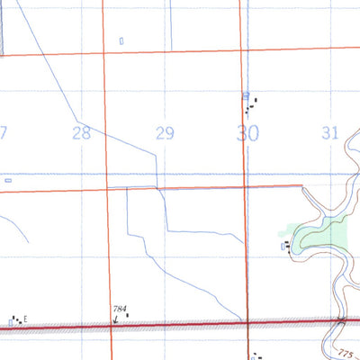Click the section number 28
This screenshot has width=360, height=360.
tap(82, 133)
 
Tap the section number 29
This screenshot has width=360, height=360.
tap(165, 134)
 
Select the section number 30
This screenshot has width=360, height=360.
tap(247, 134)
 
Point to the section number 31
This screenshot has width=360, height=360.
tap(329, 133)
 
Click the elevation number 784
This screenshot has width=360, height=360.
tap(119, 309)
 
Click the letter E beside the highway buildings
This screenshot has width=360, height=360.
tap(26, 319)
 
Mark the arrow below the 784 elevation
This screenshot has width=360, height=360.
tap(114, 319)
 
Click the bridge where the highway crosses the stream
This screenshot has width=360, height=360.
tap(341, 321)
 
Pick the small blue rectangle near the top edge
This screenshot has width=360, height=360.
tap(121, 40)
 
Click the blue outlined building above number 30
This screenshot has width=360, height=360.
tap(247, 94)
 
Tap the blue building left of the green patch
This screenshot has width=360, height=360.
tap(284, 244)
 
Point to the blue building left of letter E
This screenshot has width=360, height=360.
tap(11, 320)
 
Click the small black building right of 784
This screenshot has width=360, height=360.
tap(127, 314)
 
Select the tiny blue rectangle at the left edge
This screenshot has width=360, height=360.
tap(8, 180)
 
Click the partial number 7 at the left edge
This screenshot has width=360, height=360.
tap(4, 133)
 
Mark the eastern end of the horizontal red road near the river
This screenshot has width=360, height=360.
tap(301, 186)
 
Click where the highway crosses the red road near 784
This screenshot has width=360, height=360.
tap(112, 328)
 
